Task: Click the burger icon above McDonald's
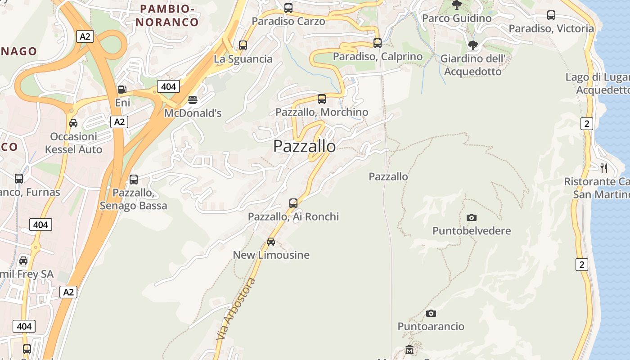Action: pyautogui.click(x=193, y=100)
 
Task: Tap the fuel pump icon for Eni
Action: pyautogui.click(x=122, y=90)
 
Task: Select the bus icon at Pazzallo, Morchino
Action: pyautogui.click(x=322, y=99)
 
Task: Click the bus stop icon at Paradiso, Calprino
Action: pyautogui.click(x=378, y=43)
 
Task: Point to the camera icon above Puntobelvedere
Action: pyautogui.click(x=472, y=218)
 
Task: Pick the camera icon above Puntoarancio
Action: pyautogui.click(x=431, y=313)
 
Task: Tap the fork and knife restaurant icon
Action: pyautogui.click(x=604, y=168)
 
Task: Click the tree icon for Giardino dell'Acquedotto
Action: pyautogui.click(x=472, y=45)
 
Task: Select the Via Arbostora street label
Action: pyautogui.click(x=236, y=309)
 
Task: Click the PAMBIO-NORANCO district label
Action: pyautogui.click(x=167, y=15)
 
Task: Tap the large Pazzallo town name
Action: pyautogui.click(x=304, y=146)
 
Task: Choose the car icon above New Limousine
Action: pyautogui.click(x=271, y=242)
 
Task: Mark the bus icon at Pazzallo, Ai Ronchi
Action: pyautogui.click(x=293, y=203)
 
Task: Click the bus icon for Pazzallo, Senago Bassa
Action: pyautogui.click(x=134, y=180)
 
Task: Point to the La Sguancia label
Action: pyautogui.click(x=243, y=59)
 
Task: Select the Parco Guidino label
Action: pyautogui.click(x=457, y=18)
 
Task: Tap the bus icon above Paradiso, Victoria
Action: pyautogui.click(x=551, y=15)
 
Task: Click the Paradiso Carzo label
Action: pyautogui.click(x=288, y=21)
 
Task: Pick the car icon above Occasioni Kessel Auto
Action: pyautogui.click(x=73, y=123)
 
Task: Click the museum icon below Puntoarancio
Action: pyautogui.click(x=409, y=349)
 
